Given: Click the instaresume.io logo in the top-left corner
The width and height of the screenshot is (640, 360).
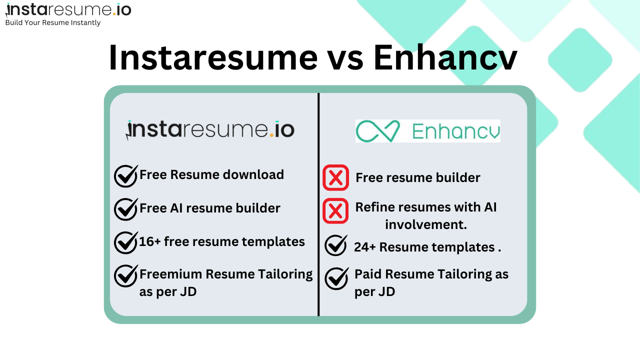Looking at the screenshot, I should [x=68, y=9].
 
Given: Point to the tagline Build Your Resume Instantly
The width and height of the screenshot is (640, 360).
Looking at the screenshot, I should [x=53, y=23].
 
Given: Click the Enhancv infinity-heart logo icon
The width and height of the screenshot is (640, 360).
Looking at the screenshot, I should [x=378, y=131].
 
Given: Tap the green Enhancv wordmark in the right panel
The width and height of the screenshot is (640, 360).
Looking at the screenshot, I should [x=455, y=131].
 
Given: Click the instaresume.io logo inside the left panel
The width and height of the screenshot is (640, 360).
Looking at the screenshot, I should [x=210, y=130].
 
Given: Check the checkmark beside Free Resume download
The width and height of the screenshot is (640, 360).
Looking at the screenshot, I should [x=125, y=175].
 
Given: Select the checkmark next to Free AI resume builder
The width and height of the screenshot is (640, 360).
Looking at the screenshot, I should [x=125, y=209].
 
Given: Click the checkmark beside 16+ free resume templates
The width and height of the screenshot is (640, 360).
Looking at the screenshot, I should [x=125, y=242].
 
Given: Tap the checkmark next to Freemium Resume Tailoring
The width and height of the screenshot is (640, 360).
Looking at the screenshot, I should [x=125, y=275].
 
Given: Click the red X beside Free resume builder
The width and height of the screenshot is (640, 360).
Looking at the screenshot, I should [x=335, y=177].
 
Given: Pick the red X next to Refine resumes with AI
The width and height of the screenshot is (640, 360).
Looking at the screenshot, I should [x=335, y=210].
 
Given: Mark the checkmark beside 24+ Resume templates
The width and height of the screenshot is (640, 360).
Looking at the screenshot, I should [x=336, y=245].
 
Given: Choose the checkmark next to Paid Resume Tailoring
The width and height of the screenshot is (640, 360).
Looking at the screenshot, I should [x=336, y=278].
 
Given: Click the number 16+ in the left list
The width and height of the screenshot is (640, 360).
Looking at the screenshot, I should [x=150, y=242].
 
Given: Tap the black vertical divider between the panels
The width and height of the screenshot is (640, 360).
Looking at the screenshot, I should [x=318, y=205].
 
